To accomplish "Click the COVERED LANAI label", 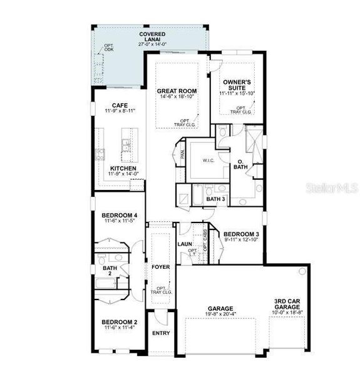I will coord(152,36).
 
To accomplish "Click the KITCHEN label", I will coord(123,168).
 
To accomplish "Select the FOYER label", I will coord(161,267).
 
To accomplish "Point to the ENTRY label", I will coord(161,333).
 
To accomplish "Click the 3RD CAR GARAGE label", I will coord(289,304).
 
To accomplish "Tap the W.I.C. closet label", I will coord(208,160).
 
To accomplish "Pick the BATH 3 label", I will coord(215,199).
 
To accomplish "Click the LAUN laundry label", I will coord(184,244).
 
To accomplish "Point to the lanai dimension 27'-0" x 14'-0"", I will coord(152,44).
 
